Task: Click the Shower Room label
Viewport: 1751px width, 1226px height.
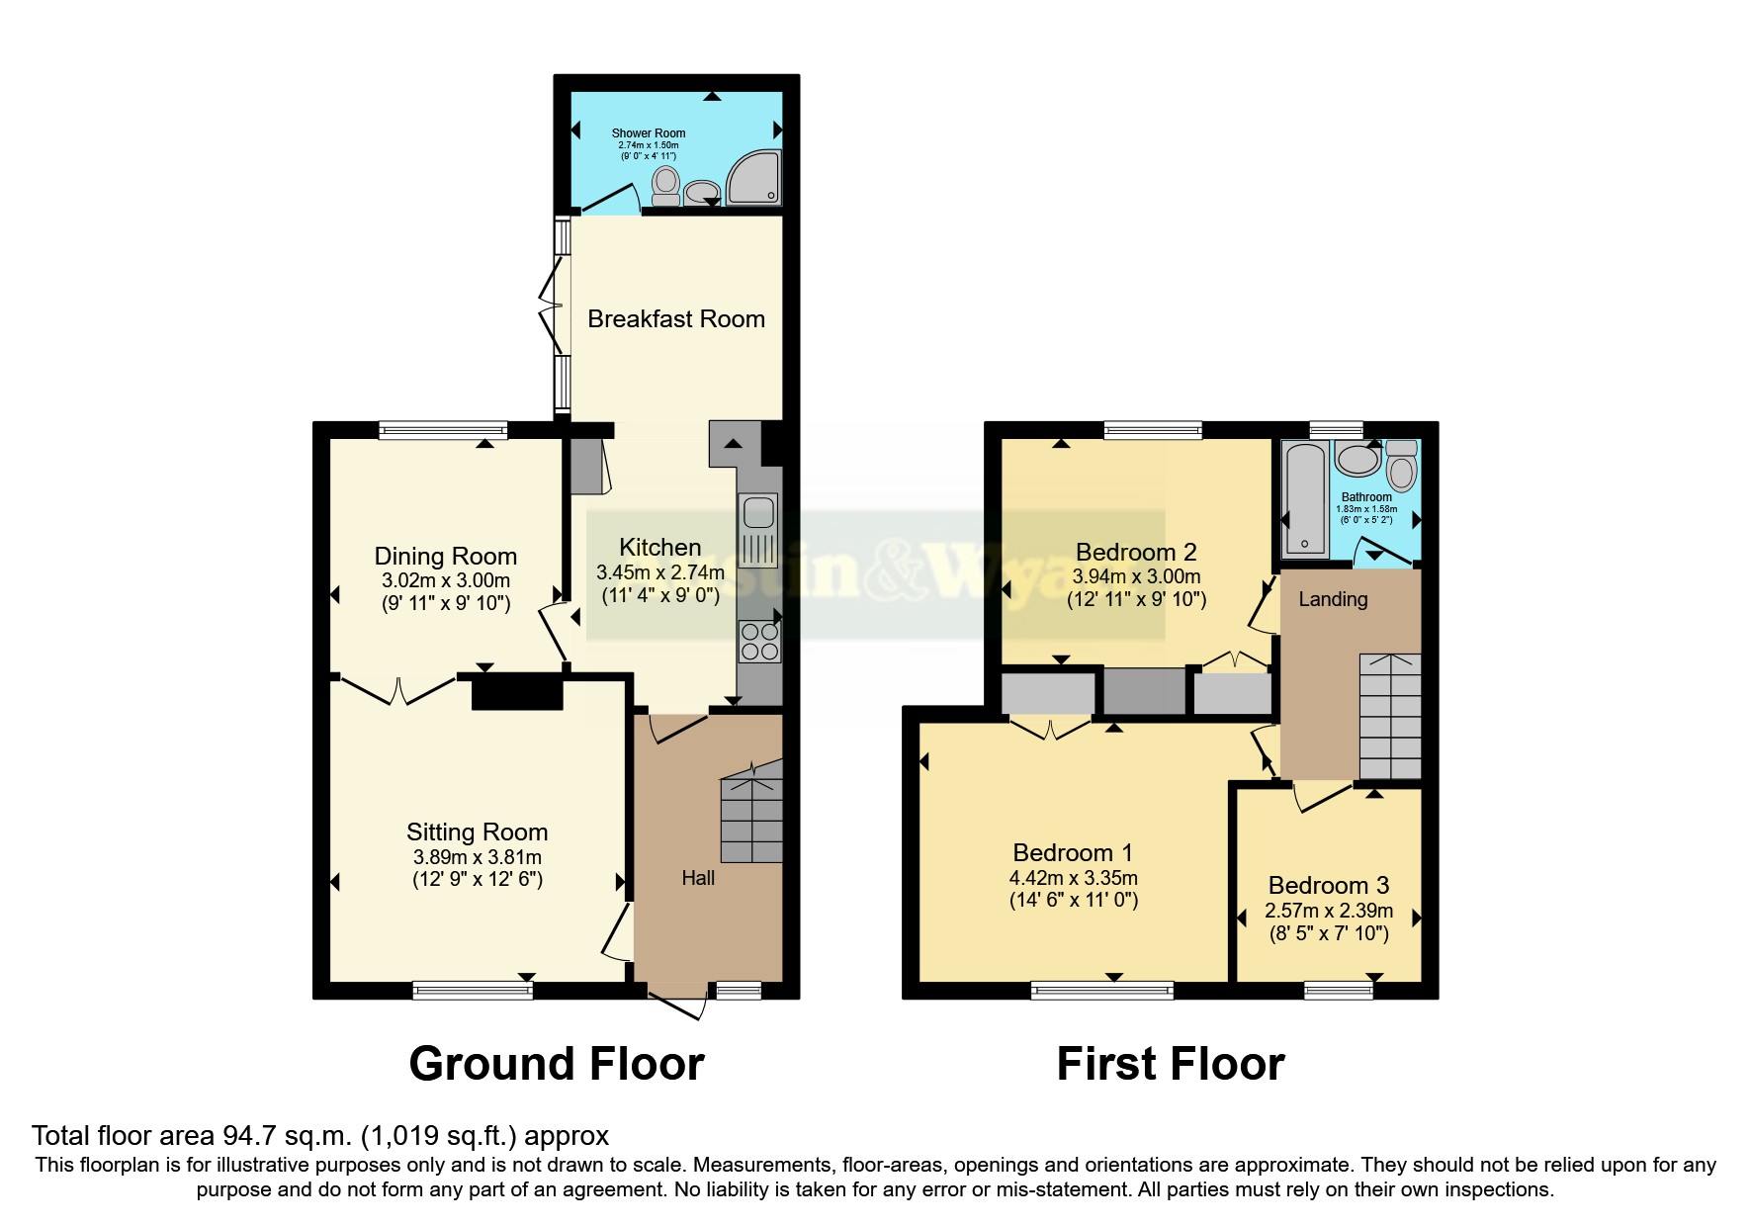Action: (649, 133)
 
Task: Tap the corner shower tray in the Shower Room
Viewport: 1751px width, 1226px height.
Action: (753, 178)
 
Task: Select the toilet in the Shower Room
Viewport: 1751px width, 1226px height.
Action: (666, 185)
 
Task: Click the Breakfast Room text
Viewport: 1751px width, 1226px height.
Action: (676, 319)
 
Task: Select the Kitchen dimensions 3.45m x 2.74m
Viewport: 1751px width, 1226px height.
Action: (659, 572)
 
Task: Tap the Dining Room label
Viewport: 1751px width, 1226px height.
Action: (445, 556)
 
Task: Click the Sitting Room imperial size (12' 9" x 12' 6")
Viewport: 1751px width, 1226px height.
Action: (477, 879)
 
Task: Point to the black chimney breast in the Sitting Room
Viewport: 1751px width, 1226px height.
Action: (517, 692)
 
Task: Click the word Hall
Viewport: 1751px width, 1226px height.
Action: (698, 878)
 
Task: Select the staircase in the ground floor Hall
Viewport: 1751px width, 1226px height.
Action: (751, 816)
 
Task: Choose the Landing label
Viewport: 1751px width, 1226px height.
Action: (1333, 599)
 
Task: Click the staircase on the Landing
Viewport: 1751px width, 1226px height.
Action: (1390, 717)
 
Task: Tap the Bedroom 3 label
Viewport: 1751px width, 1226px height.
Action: (1328, 885)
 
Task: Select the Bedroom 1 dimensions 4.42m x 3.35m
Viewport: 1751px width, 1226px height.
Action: (1073, 878)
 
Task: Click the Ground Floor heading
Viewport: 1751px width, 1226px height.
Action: (557, 1064)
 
